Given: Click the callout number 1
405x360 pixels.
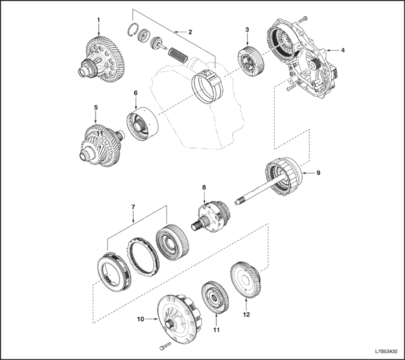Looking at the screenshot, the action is coord(98,20).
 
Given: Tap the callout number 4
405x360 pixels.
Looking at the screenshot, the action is coord(343,50).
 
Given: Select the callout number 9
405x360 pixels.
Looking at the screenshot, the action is coord(318,172).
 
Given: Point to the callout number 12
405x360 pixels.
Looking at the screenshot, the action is coord(246,314).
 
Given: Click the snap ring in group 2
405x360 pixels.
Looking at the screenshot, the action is coord(134,30).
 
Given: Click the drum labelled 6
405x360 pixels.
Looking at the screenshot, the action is coord(142,124).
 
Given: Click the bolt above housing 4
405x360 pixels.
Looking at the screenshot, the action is coord(304,19).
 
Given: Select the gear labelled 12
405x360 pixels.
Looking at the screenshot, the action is coord(245,280).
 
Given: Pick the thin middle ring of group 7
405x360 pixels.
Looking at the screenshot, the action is coord(142,257).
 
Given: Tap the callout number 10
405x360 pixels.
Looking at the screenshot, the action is coord(141,319).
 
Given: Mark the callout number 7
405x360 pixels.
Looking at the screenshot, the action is coord(133,207).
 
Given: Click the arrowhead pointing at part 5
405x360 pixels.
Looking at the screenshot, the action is coord(95,121).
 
